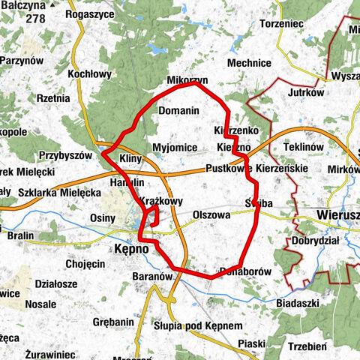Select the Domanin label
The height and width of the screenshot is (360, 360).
[178, 110]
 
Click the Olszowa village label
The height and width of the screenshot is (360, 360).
[211, 214]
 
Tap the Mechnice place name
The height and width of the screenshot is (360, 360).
[248, 63]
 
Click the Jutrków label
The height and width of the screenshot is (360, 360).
[304, 93]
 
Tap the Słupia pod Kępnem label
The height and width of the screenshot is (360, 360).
[198, 326]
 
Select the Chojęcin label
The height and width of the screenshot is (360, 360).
[85, 264]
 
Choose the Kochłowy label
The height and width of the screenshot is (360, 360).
[89, 74]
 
